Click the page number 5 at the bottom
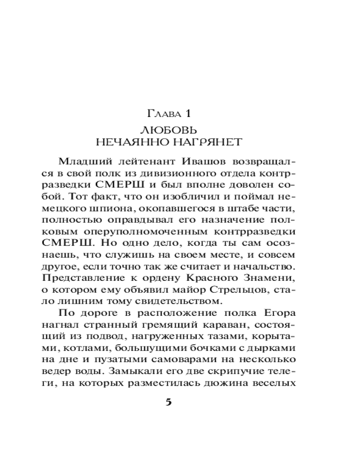(x=169, y=402)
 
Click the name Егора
(x=280, y=313)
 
